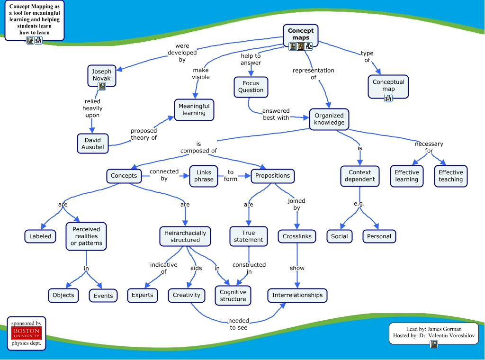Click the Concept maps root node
[301, 35]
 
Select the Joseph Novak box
[101, 75]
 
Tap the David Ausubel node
[93, 144]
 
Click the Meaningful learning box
[194, 109]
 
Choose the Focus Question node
[251, 87]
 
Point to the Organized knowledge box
[329, 119]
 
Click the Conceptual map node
[388, 85]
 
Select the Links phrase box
[204, 176]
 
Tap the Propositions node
[272, 176]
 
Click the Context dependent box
[360, 176]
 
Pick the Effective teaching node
[450, 176]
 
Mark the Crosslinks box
[297, 236]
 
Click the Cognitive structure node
[233, 296]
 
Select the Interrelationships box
[297, 295]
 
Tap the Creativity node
[187, 295]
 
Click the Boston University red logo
[27, 333]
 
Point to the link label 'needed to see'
[239, 324]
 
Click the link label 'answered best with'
[276, 114]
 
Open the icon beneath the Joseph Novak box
[102, 86]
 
